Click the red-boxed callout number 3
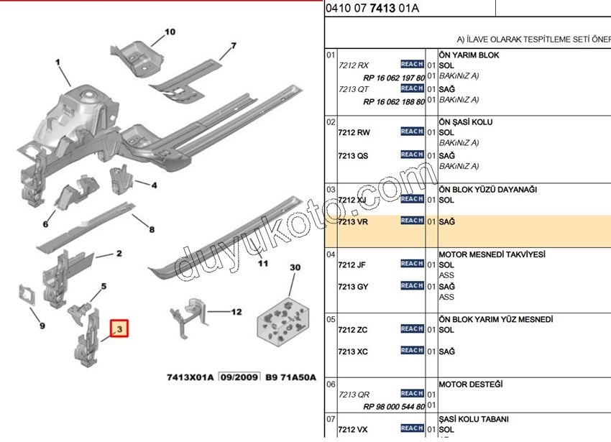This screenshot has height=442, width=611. (x=120, y=331)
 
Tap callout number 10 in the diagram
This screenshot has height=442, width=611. (x=170, y=32)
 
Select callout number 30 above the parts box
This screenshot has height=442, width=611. (x=295, y=267)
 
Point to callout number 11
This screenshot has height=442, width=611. (x=263, y=263)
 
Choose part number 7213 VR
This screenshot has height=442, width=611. (x=353, y=222)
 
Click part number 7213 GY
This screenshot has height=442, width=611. (x=353, y=287)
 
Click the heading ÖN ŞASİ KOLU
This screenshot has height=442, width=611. (x=466, y=122)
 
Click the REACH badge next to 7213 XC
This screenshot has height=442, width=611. (x=412, y=351)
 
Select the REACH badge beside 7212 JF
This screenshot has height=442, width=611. (x=412, y=264)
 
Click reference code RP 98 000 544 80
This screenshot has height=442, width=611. (x=394, y=405)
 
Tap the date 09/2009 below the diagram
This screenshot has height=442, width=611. (x=239, y=376)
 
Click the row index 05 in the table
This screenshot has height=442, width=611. (x=331, y=319)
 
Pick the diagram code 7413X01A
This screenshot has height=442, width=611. (x=190, y=376)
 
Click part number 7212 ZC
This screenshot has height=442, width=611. (x=353, y=330)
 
